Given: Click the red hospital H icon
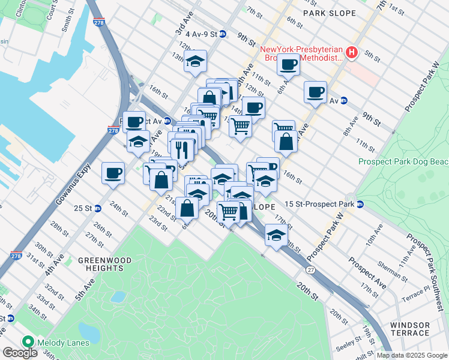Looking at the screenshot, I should [x=352, y=53].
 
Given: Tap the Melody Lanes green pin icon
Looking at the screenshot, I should [x=27, y=343].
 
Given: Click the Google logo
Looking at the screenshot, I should [x=20, y=353].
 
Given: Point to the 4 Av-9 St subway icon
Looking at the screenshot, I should [x=222, y=34].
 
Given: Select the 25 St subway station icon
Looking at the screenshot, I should [x=97, y=208].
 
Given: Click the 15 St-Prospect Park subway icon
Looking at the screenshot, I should [x=360, y=204].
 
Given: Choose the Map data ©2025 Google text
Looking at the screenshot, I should [x=412, y=355].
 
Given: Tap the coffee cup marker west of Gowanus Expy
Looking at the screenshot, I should [x=113, y=173].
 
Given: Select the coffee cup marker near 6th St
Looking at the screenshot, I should [x=289, y=64].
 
